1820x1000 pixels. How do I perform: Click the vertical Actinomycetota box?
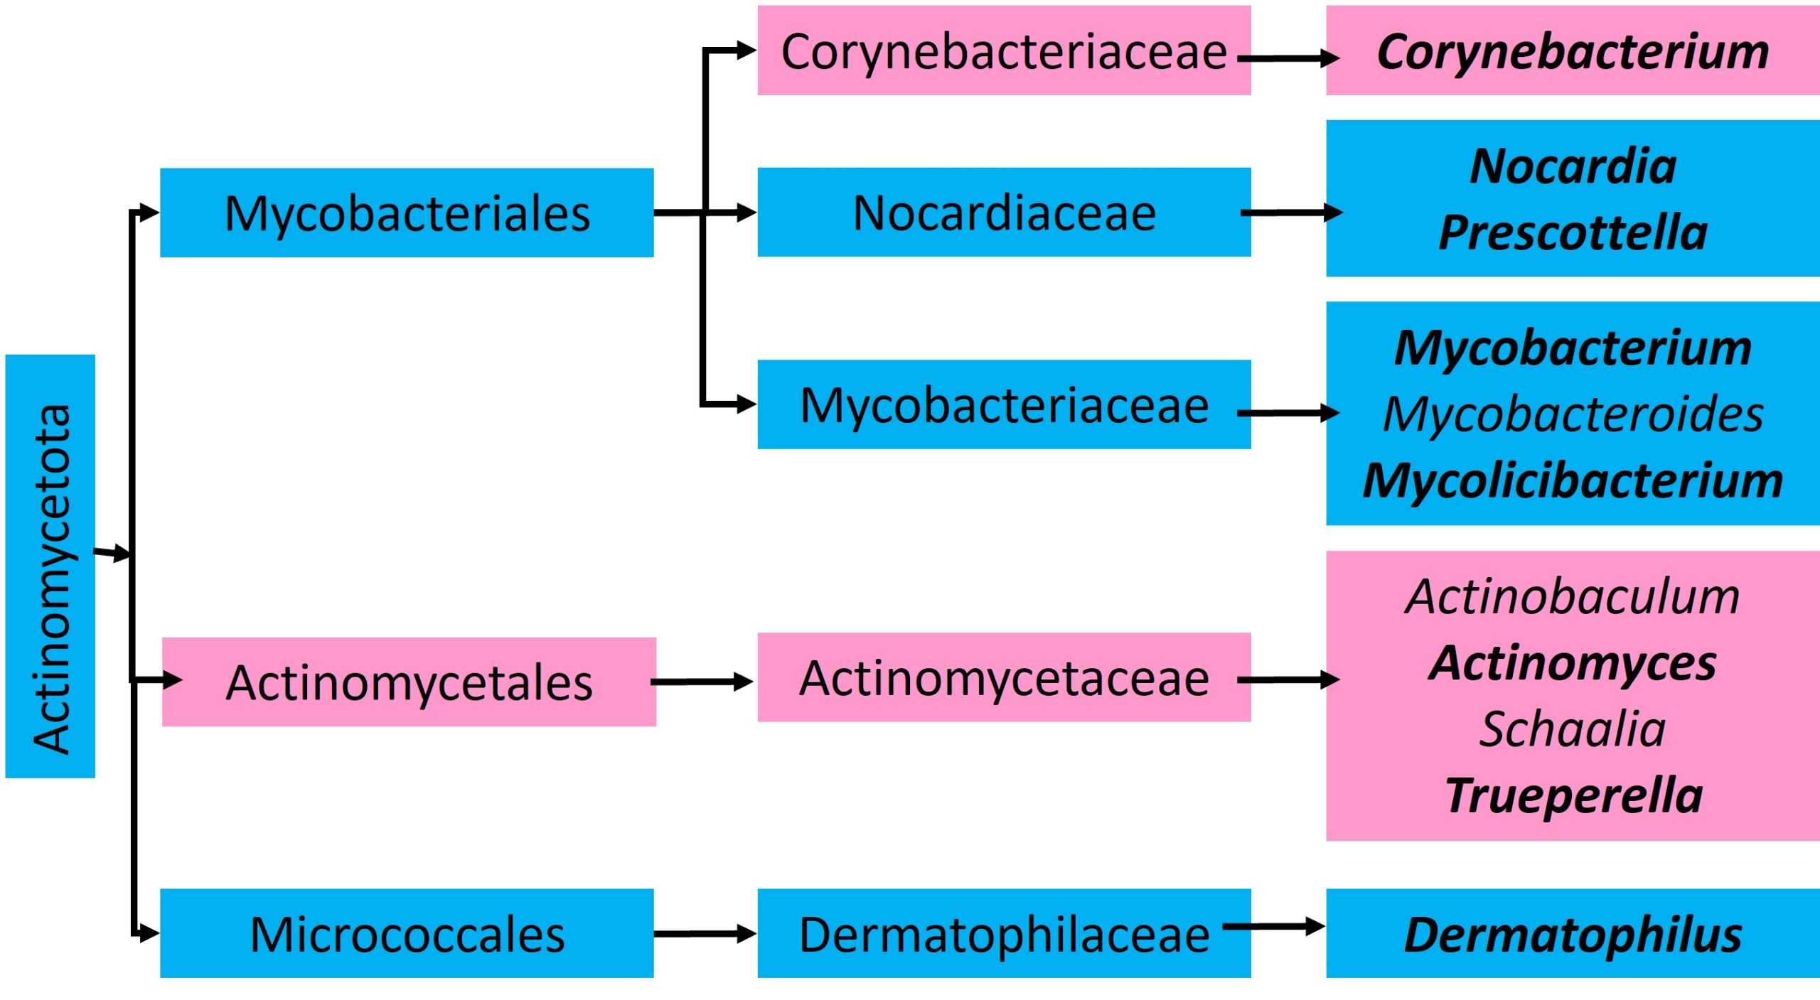pos(50,566)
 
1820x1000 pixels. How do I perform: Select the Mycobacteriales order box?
pos(407,213)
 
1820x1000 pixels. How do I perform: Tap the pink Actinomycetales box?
pos(409,682)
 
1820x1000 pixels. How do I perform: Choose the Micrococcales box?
pos(407,933)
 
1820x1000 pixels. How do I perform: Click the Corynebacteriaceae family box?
pos(1003,50)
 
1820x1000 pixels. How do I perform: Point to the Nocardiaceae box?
pos(1003,212)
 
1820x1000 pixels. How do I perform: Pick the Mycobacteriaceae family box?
pos(1003,404)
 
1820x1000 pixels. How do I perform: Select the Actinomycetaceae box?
pos(1003,677)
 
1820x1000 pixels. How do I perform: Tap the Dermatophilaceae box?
pos(1003,933)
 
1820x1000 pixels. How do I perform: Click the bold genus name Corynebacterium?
pos(1573,51)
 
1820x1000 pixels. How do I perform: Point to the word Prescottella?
pos(1573,232)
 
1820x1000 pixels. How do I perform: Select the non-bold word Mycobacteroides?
pos(1573,414)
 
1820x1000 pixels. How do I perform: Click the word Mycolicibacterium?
pos(1573,480)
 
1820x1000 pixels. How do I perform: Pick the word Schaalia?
pos(1573,729)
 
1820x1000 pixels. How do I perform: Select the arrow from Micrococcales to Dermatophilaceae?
pos(704,933)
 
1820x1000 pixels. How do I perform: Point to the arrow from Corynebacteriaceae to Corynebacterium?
pos(1287,58)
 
